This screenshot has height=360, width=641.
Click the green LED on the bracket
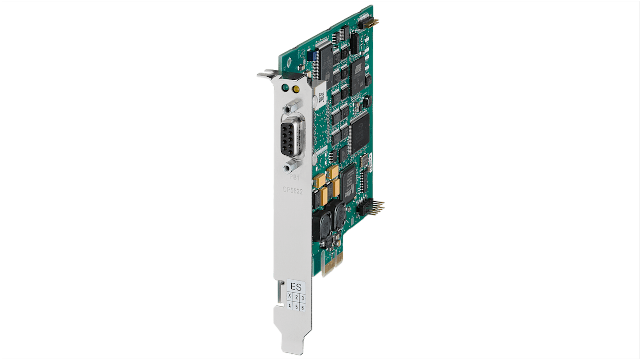tap(285, 87)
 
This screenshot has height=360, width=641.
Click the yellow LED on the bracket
tap(296, 89)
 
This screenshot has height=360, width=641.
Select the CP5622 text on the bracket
tap(293, 191)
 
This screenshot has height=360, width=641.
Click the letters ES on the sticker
tap(296, 286)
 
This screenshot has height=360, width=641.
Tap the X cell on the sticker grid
tap(290, 296)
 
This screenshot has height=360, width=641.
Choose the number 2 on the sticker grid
tap(296, 297)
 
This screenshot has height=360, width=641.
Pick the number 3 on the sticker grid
tap(302, 298)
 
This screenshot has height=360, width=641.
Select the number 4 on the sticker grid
tap(290, 305)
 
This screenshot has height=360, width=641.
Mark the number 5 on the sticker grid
tap(296, 307)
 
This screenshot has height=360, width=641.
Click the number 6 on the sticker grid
tap(302, 308)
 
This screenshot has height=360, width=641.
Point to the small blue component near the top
tap(310, 55)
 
